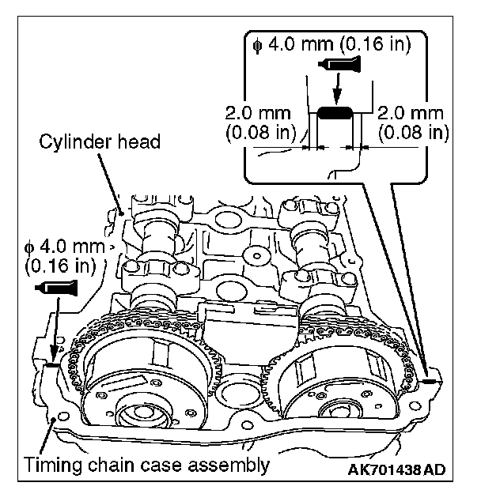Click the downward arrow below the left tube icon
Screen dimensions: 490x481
pyautogui.click(x=52, y=340)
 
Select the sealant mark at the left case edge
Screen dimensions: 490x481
pyautogui.click(x=51, y=365)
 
